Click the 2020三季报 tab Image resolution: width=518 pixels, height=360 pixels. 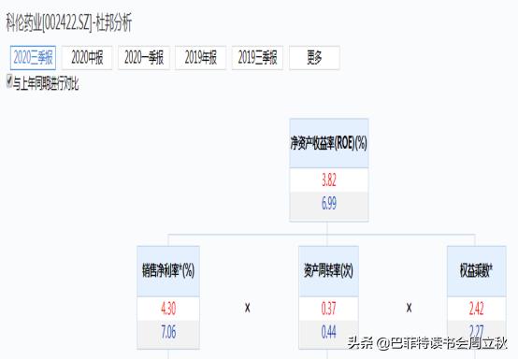point(33,58)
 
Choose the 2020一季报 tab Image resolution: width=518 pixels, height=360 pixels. point(143,58)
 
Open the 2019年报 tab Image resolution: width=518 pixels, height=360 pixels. point(200,58)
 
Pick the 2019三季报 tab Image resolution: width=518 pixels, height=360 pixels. point(257,58)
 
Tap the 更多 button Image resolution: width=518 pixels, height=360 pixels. point(314,58)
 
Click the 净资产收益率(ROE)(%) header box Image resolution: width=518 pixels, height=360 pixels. point(329,143)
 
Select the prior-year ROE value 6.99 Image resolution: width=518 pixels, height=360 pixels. point(329,204)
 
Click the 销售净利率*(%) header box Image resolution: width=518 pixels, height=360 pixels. point(167,271)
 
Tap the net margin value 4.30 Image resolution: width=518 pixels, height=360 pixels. point(167,309)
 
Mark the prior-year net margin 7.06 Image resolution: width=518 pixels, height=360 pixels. point(167,330)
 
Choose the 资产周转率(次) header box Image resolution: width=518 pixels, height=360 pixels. point(329,271)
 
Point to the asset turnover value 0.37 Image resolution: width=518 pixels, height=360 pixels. point(329,309)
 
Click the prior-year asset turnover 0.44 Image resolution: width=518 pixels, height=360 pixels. point(329,330)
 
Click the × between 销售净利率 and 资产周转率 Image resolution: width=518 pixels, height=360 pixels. point(248,308)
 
